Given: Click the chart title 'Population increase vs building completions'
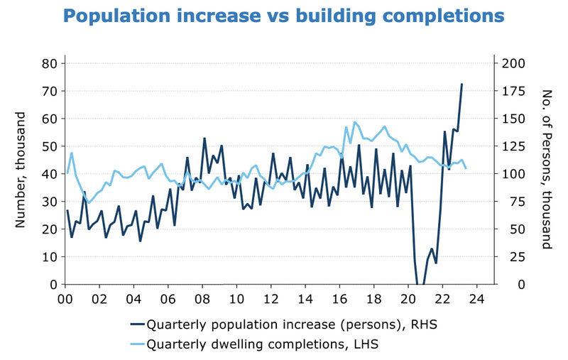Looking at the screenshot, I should pos(284,15).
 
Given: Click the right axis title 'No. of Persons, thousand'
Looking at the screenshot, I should pos(547,169).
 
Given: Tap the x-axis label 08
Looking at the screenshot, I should pos(202,298).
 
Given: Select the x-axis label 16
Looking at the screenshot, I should pos(340,298).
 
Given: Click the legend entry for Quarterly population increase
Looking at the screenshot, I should pos(283,325).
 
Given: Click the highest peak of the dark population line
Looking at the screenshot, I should pos(461,84).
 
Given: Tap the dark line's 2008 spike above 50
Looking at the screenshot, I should pos(204,138).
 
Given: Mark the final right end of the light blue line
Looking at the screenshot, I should pos(466,168).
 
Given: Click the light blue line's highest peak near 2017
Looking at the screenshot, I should pos(355,122).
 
